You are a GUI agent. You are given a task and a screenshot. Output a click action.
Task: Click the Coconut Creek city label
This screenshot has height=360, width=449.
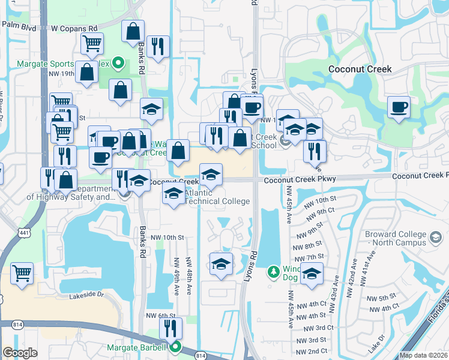coord(360,69)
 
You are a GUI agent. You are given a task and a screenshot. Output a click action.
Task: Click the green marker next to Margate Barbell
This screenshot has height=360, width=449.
coord(175,347)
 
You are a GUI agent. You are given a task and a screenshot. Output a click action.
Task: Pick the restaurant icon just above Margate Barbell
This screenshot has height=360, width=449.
coord(170,328)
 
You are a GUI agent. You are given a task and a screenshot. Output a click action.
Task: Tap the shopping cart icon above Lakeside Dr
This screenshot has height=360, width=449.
coord(22,273)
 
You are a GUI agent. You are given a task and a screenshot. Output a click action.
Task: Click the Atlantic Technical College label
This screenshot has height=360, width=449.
coord(217,197)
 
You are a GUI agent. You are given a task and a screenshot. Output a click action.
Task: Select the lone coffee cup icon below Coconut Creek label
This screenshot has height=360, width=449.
coord(399,107)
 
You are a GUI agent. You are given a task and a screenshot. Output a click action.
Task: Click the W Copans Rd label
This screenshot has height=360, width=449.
coord(74,28)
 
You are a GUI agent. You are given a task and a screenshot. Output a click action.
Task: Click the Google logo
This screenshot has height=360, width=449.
coord(20,353)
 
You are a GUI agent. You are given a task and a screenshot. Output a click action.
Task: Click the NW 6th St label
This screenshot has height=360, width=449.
coord(161,316)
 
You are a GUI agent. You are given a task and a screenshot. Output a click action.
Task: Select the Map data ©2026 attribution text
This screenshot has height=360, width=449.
coord(423,355)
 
